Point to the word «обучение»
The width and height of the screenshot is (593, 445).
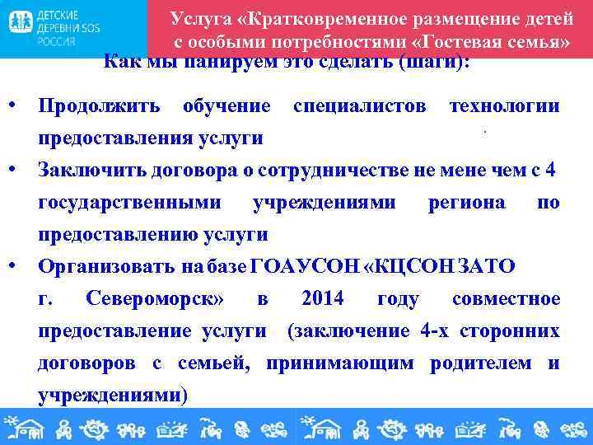click(226, 106)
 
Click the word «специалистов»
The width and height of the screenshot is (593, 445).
click(360, 106)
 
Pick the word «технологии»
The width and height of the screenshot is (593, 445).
click(504, 106)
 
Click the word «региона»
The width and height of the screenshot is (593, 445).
click(467, 203)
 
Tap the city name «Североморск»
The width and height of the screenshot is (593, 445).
click(155, 299)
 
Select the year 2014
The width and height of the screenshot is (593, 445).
click(323, 299)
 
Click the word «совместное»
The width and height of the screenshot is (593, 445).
click(506, 299)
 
